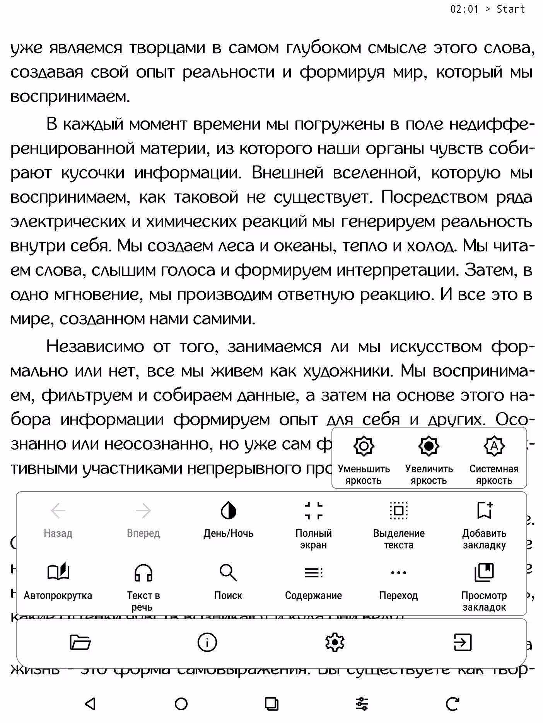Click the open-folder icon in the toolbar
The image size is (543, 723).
pyautogui.click(x=80, y=643)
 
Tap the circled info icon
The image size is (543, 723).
pyautogui.click(x=207, y=643)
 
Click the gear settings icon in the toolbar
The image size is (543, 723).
pyautogui.click(x=335, y=643)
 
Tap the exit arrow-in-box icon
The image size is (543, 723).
pyautogui.click(x=463, y=643)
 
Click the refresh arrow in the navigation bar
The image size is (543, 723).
pyautogui.click(x=452, y=704)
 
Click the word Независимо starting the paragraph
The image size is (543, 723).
pyautogui.click(x=95, y=346)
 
